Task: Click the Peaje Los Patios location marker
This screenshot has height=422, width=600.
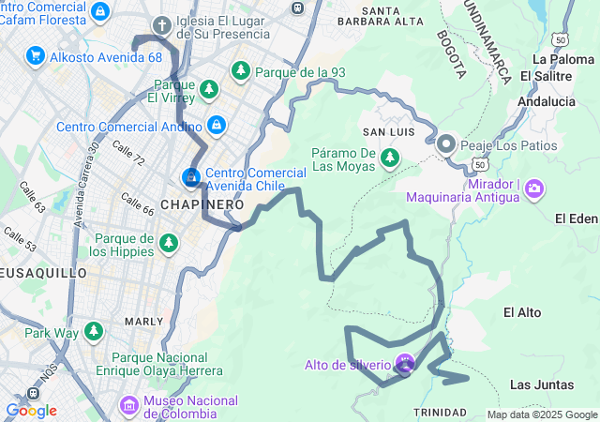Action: point(445,144)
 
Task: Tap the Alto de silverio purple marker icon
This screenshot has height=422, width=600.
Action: point(405,363)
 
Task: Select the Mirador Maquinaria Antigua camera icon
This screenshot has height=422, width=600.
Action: point(534,188)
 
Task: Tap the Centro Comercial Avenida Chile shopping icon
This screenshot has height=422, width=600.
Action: point(190,176)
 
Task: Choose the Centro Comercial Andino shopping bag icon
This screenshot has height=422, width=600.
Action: point(217,124)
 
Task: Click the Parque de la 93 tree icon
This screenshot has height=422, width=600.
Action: point(241,70)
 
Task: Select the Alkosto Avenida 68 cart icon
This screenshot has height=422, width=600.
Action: point(36,56)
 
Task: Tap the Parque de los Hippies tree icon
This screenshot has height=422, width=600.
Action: point(169,244)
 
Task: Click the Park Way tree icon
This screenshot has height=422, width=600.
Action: point(93,331)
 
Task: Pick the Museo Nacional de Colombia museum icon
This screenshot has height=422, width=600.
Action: point(129,406)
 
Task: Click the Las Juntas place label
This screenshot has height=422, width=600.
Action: point(535,384)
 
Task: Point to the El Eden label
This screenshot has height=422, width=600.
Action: point(576,219)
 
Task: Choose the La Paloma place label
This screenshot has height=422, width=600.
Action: point(557,58)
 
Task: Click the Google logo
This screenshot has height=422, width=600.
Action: point(31,411)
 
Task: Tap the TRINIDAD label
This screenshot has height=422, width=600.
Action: point(439,413)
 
